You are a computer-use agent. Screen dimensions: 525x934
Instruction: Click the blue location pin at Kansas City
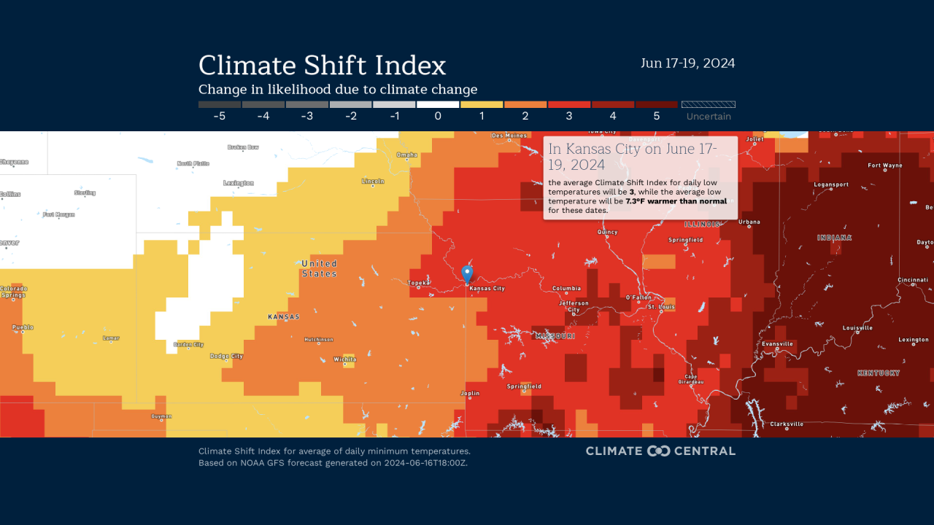[x=467, y=273]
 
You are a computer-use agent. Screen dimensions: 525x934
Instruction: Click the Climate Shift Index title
[x=322, y=66]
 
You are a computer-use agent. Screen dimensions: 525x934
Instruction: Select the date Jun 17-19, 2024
[x=687, y=63]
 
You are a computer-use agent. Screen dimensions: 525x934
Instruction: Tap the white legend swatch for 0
[x=438, y=104]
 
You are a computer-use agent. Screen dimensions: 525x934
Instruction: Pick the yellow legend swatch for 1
[x=482, y=104]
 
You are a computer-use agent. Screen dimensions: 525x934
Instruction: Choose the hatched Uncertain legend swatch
[x=708, y=104]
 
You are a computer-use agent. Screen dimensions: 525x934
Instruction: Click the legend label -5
[x=219, y=116]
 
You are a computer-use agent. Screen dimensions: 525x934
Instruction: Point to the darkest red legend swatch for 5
[x=657, y=104]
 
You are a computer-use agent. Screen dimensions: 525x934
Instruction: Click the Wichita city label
[x=344, y=359]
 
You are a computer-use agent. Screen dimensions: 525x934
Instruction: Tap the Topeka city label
[x=419, y=282]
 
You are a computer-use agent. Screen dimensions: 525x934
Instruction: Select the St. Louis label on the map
[x=662, y=307]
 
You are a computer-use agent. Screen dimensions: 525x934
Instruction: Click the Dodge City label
[x=226, y=357]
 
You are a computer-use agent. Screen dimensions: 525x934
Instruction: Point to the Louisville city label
[x=857, y=328]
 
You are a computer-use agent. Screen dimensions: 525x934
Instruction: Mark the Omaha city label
[x=407, y=155]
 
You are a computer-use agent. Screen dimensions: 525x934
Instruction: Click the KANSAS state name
[x=284, y=317]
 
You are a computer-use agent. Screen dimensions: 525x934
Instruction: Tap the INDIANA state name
[x=834, y=238]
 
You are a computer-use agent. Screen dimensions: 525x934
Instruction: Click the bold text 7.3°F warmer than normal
[x=676, y=201]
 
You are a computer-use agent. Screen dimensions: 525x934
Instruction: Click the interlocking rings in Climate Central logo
[x=658, y=451]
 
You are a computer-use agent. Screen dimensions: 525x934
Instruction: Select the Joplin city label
[x=470, y=394]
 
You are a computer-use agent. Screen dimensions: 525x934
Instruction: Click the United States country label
[x=320, y=268]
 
